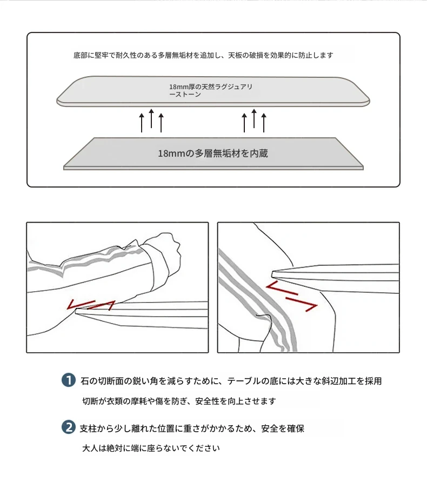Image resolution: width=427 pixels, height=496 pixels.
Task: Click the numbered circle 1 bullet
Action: [68, 380]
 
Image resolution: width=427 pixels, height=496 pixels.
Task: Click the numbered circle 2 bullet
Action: [68, 427]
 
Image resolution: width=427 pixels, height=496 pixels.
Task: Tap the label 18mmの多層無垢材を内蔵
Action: [213, 153]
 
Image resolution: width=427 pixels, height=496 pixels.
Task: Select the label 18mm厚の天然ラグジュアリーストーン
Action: [210, 90]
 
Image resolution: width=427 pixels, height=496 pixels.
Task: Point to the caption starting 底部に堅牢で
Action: [203, 55]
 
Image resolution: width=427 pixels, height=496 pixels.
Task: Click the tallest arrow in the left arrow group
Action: [151, 118]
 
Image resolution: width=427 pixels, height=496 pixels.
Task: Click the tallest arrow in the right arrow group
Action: [254, 118]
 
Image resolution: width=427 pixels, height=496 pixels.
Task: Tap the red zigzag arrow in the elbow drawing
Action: [91, 305]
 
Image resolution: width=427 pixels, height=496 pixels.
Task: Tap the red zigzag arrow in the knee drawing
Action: [291, 297]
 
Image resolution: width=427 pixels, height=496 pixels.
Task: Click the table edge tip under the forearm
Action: [76, 311]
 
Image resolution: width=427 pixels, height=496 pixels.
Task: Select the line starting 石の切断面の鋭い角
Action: [231, 381]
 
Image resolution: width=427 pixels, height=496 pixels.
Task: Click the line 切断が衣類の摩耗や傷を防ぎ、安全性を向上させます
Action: [179, 401]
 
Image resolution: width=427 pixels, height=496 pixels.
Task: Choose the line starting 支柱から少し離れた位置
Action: [192, 428]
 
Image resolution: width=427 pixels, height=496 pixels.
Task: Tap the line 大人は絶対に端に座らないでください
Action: [151, 448]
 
